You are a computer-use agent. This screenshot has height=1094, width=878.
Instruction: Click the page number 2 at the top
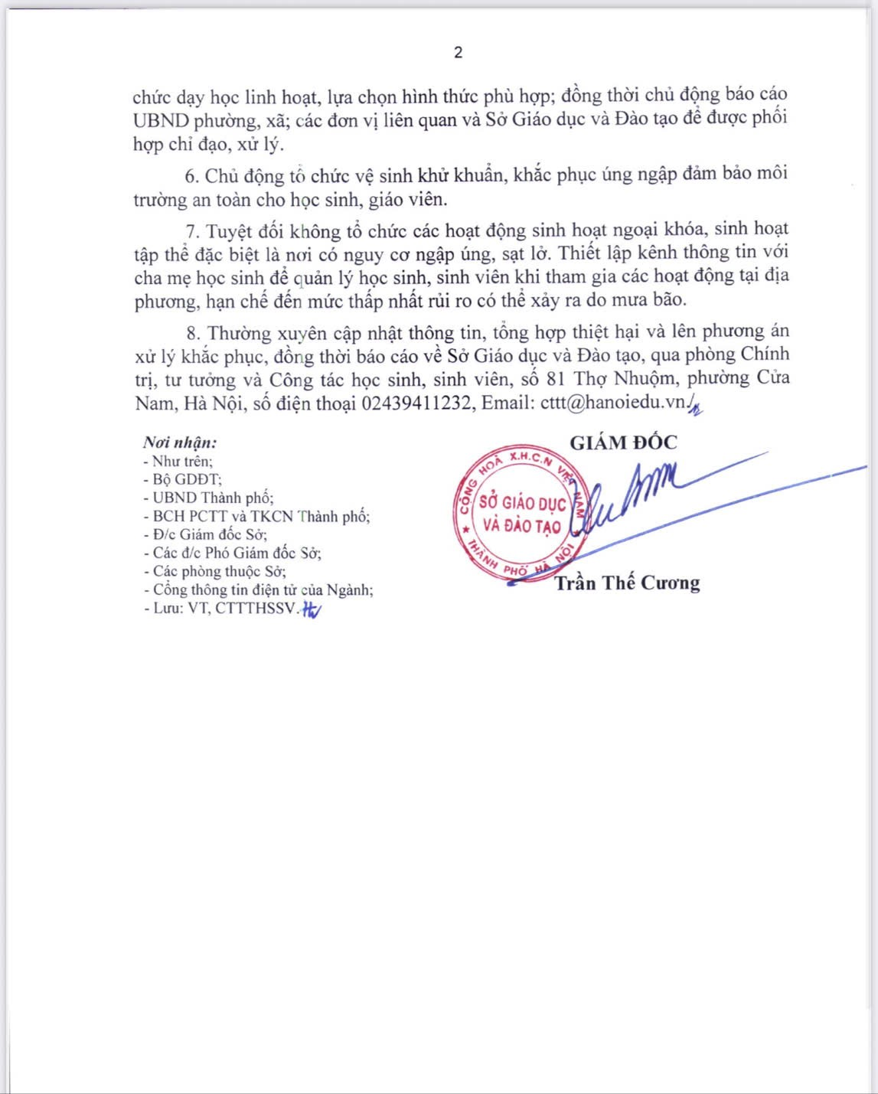click(458, 52)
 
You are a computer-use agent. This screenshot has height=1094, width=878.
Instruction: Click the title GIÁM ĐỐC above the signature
click(623, 442)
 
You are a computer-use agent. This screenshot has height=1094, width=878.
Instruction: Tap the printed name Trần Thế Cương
click(627, 583)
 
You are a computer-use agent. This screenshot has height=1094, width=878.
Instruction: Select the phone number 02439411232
click(416, 403)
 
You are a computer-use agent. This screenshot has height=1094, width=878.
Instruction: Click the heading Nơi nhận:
click(180, 442)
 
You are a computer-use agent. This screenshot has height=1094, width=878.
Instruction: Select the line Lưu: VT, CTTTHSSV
click(224, 609)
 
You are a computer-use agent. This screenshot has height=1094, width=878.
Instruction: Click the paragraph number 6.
click(191, 176)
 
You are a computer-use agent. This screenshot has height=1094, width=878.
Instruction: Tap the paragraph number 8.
click(192, 334)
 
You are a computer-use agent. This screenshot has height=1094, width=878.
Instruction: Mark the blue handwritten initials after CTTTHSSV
click(312, 609)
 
